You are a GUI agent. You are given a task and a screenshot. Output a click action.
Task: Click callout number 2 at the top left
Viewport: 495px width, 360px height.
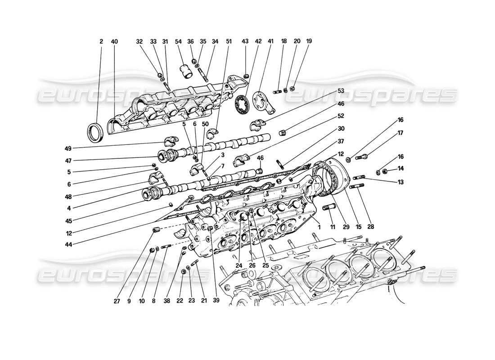click(101, 41)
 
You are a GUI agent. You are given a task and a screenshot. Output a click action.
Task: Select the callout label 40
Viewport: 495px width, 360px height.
click(114, 41)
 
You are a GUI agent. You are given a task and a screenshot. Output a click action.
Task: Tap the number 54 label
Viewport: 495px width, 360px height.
click(179, 41)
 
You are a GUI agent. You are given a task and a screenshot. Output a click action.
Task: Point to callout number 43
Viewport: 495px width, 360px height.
click(245, 41)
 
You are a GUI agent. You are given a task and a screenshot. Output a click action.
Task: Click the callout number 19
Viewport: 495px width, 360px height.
click(309, 41)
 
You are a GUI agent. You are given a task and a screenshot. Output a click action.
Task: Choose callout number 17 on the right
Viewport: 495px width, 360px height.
click(388, 133)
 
